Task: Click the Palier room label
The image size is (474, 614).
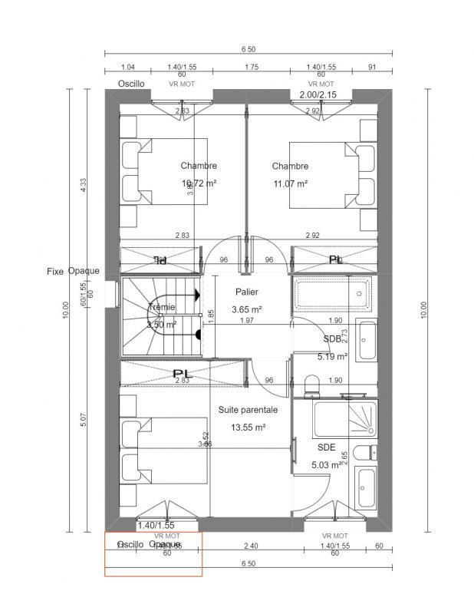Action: (x=247, y=292)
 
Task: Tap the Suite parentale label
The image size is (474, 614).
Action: (x=248, y=410)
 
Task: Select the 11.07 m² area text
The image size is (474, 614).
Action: (x=290, y=184)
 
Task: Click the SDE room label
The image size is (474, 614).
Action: (x=327, y=447)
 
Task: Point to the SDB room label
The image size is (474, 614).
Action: (x=332, y=338)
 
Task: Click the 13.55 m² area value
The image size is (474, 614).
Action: (x=248, y=427)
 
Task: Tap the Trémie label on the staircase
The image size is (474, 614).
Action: (x=162, y=307)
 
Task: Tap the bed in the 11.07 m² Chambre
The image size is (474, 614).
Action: (x=328, y=175)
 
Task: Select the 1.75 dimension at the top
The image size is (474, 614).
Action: (x=251, y=68)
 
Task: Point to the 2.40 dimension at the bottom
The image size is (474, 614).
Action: (x=251, y=546)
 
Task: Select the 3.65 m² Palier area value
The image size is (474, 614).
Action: (x=247, y=310)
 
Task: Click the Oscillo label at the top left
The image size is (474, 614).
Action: (x=130, y=84)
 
